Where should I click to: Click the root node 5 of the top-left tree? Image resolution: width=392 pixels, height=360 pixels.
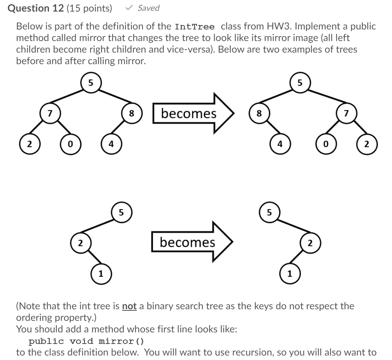90,82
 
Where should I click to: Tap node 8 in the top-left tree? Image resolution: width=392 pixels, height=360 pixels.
131,113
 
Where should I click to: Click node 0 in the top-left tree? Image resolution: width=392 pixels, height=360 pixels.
69,144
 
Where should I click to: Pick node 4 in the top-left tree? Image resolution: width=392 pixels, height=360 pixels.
111,144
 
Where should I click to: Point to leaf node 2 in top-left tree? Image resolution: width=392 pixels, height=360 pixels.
28,144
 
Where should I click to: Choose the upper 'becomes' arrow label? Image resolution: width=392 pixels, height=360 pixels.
189,113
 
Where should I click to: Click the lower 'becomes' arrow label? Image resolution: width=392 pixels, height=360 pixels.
187,242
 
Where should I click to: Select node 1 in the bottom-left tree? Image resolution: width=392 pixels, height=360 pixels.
100,275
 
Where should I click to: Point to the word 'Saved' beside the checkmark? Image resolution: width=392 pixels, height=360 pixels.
148,8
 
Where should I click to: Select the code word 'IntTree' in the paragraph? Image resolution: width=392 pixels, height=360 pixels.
195,27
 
